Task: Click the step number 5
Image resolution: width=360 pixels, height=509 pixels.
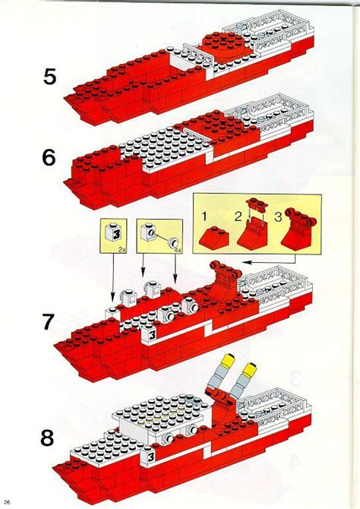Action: [48, 77]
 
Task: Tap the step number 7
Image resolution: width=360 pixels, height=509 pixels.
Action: [48, 322]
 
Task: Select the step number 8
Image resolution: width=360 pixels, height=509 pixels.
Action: [48, 438]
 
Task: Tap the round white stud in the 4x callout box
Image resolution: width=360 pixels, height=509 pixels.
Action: [170, 236]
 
